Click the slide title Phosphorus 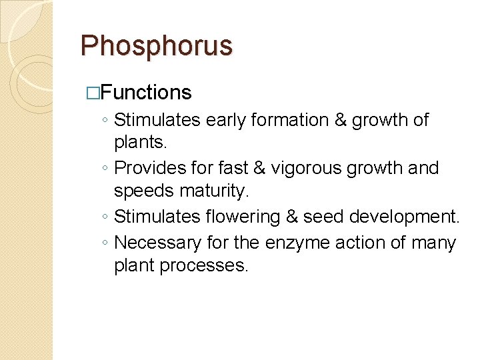point(156,46)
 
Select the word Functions point(147,92)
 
